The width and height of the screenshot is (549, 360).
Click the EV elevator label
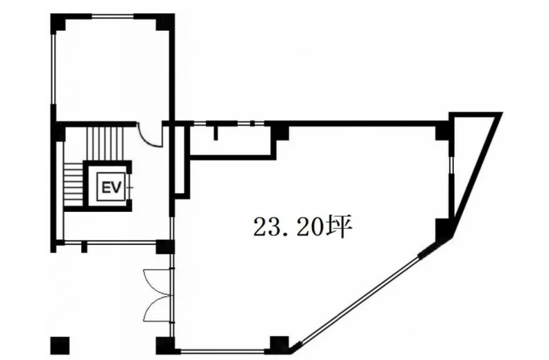pyautogui.click(x=111, y=187)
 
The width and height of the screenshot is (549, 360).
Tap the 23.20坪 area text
pyautogui.click(x=302, y=227)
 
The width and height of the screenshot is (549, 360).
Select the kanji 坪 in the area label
pyautogui.click(x=338, y=227)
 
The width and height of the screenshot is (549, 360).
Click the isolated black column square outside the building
pyautogui.click(x=60, y=345)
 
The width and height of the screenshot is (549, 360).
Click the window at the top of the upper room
pyautogui.click(x=113, y=16)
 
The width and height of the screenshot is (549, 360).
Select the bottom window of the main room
pyautogui.click(x=222, y=350)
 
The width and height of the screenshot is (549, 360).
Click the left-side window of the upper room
pyautogui.click(x=54, y=68)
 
